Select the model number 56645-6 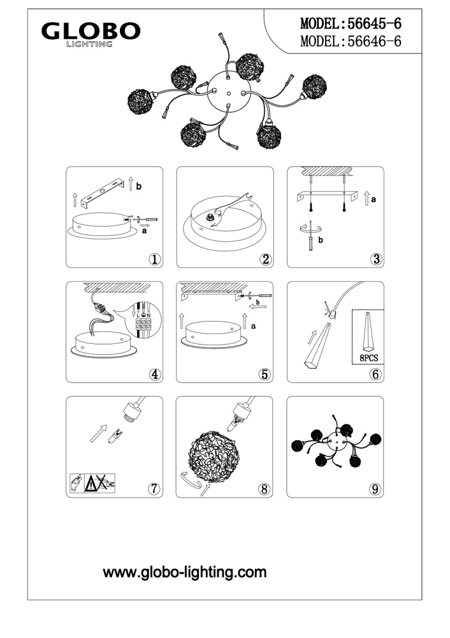[x=374, y=24]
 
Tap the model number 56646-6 [x=374, y=41]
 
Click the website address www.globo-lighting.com [x=185, y=572]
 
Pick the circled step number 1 [x=154, y=259]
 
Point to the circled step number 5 [x=265, y=374]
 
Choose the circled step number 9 [x=375, y=489]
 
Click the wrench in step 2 [x=231, y=209]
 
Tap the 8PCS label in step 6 [x=368, y=358]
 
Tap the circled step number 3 [x=376, y=259]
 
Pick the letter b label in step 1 [x=139, y=187]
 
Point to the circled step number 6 [x=375, y=374]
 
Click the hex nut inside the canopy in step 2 [x=210, y=218]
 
